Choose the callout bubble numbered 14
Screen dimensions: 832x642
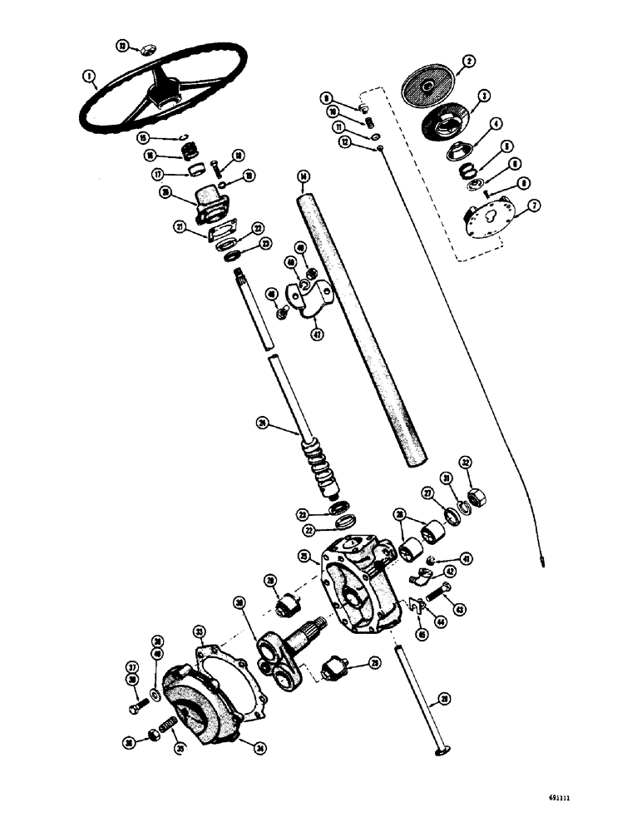pos(303,176)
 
